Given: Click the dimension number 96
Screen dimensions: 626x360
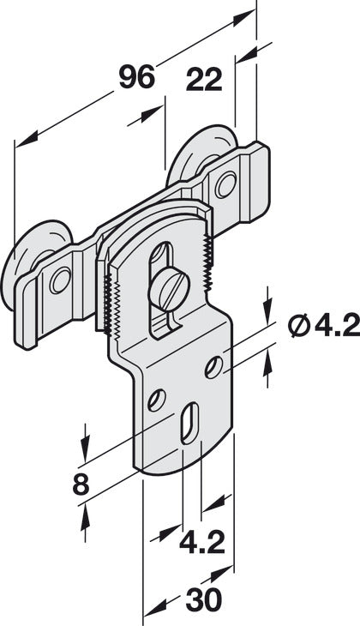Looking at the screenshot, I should tap(137, 78).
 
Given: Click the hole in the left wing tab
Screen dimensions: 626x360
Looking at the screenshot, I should tap(59, 280).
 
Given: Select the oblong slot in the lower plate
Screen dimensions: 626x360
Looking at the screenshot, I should tap(186, 424).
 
